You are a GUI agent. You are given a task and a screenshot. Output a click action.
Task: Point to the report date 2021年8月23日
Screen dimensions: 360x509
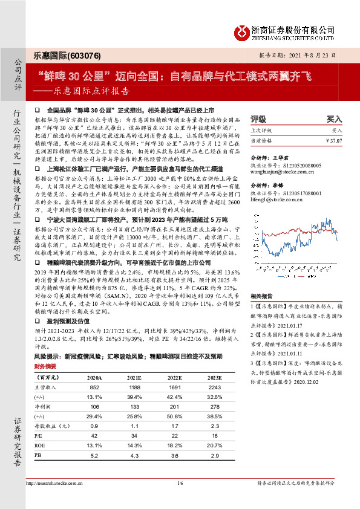click(x=316, y=54)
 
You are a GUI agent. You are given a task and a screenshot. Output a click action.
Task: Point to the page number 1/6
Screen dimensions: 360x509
click(x=180, y=483)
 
